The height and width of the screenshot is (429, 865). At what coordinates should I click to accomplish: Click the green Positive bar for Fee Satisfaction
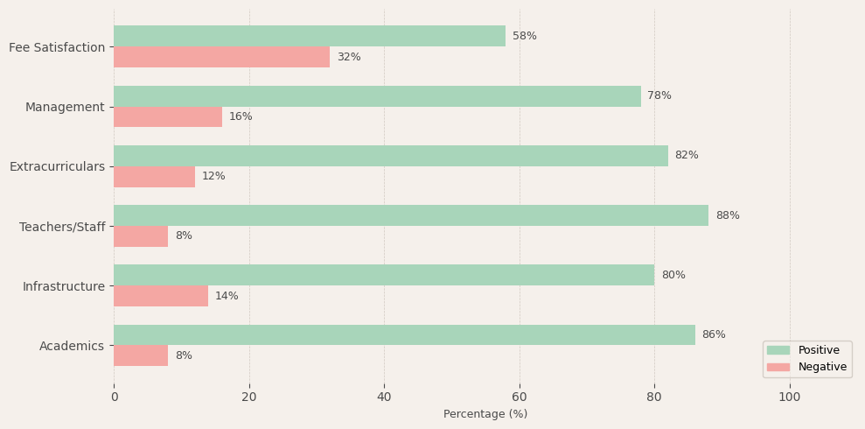[310, 36]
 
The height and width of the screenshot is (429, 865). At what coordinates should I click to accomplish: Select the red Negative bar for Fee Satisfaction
[221, 57]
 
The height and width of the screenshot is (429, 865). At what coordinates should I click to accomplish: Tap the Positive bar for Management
[377, 96]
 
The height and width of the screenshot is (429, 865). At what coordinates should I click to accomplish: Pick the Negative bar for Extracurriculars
[154, 177]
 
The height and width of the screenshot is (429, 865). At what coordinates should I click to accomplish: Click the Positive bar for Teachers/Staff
[411, 215]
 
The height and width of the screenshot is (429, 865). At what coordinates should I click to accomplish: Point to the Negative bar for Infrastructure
[161, 296]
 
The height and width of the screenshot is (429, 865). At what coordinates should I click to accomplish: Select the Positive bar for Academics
[404, 334]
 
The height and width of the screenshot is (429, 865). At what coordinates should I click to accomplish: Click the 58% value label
[525, 36]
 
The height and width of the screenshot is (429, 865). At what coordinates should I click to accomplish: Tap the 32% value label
[349, 57]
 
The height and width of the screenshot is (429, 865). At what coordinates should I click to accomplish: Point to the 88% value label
[728, 215]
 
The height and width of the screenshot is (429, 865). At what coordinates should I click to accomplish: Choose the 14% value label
[227, 296]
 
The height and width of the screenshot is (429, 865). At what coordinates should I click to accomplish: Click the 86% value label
[714, 334]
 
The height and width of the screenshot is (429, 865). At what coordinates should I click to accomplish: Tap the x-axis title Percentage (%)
[485, 414]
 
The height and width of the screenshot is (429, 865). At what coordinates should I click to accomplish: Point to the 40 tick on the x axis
[384, 397]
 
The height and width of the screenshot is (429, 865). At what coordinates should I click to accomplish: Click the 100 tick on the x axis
[790, 397]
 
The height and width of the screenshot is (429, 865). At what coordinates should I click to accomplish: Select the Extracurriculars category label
[57, 166]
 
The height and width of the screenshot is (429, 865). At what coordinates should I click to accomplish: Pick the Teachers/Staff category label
[62, 227]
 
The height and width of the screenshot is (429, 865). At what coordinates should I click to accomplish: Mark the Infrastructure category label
[64, 286]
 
